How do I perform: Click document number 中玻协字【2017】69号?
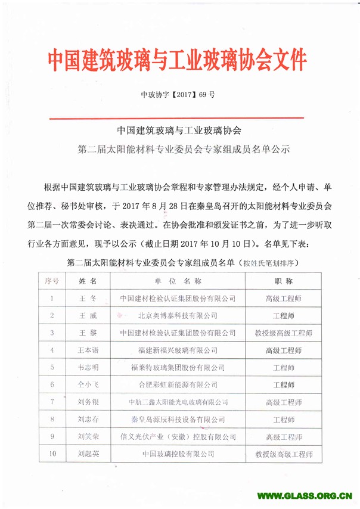(177, 94)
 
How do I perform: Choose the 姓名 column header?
(87, 280)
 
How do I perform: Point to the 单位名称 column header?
(178, 280)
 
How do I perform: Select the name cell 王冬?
(87, 297)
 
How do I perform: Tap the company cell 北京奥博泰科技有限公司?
(178, 315)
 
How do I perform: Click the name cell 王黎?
(87, 332)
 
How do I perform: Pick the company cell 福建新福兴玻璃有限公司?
(178, 350)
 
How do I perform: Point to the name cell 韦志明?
(87, 367)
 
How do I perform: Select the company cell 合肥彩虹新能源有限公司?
(178, 384)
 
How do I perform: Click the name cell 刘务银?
(87, 402)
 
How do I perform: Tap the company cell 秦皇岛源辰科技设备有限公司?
(178, 419)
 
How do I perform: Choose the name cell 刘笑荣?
(87, 436)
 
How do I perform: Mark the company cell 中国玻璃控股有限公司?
(178, 454)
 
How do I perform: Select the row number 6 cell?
(52, 384)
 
